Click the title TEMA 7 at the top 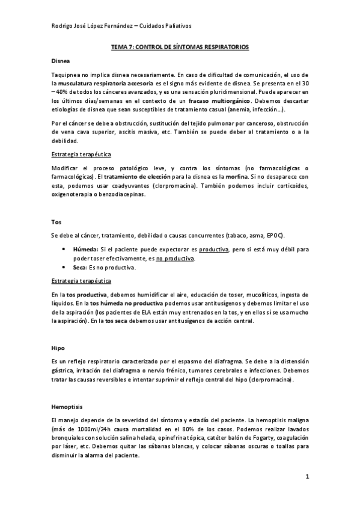[180, 46]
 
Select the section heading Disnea [61, 61]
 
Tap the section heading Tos [56, 221]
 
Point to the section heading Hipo [58, 348]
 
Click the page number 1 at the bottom [307, 477]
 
